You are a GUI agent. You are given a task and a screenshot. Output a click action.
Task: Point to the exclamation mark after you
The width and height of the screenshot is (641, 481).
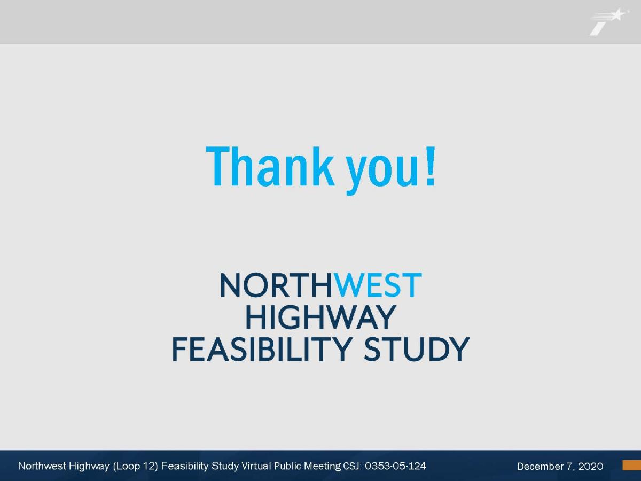[x=431, y=166]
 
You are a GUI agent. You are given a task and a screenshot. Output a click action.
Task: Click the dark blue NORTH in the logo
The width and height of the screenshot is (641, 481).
[x=276, y=285]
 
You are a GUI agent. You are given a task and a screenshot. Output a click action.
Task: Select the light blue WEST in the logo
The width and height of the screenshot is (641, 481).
[x=378, y=285]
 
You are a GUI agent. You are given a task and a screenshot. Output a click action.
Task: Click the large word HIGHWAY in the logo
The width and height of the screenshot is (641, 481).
[x=320, y=317]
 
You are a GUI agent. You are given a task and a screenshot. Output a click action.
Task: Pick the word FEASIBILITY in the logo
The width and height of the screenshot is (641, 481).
[x=262, y=350]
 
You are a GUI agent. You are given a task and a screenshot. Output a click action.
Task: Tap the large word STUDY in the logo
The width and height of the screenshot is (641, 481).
[x=417, y=350]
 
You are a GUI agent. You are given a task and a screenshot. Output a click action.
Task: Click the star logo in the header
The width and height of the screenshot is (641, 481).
[x=608, y=21]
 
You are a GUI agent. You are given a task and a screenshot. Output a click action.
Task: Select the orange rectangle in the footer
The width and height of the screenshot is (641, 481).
[x=632, y=465]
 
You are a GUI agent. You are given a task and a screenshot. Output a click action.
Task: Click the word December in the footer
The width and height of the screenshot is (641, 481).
[x=536, y=466]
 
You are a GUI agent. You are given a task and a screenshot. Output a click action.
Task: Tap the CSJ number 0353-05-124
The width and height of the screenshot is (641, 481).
[x=395, y=466]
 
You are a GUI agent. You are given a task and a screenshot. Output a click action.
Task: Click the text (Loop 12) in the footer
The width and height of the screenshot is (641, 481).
[x=135, y=466]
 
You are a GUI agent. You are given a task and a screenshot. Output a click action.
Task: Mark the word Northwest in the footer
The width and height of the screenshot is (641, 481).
[x=42, y=466]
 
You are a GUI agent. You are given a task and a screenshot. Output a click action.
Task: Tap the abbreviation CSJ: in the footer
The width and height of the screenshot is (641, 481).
[x=353, y=466]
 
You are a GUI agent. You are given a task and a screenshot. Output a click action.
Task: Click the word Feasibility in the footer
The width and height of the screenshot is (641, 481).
[x=185, y=467]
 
